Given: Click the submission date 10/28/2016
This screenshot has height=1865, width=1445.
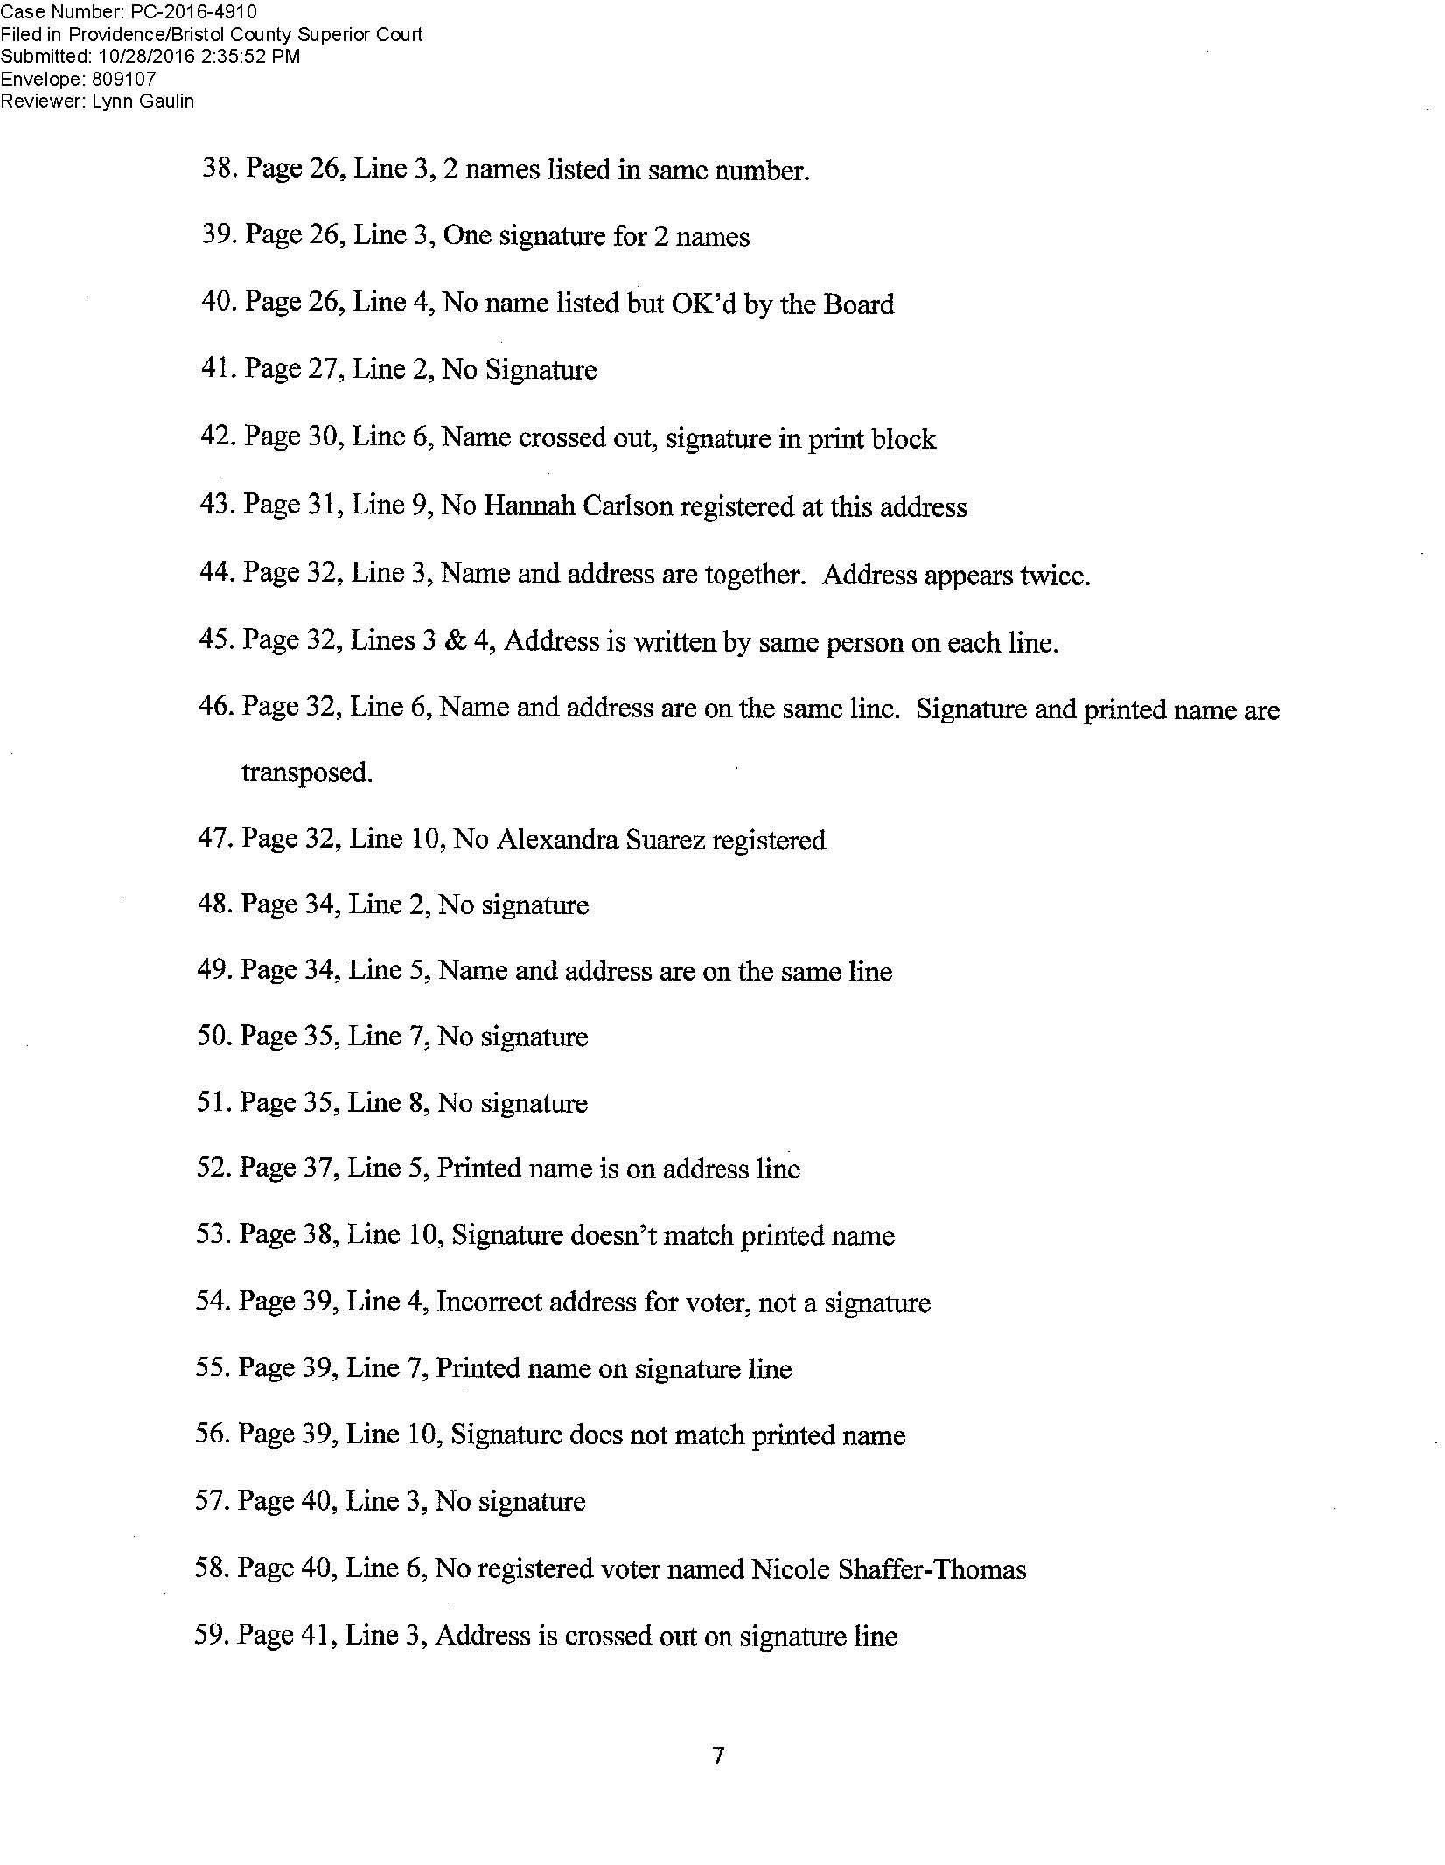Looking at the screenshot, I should [x=134, y=56].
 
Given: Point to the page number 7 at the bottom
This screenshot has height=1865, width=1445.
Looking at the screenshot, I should [x=718, y=1756].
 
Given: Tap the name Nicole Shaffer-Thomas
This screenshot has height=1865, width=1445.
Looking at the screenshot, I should [x=888, y=1569].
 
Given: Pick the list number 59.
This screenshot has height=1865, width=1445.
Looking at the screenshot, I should [x=209, y=1636].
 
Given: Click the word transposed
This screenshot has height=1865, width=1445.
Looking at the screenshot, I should [x=307, y=773].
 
